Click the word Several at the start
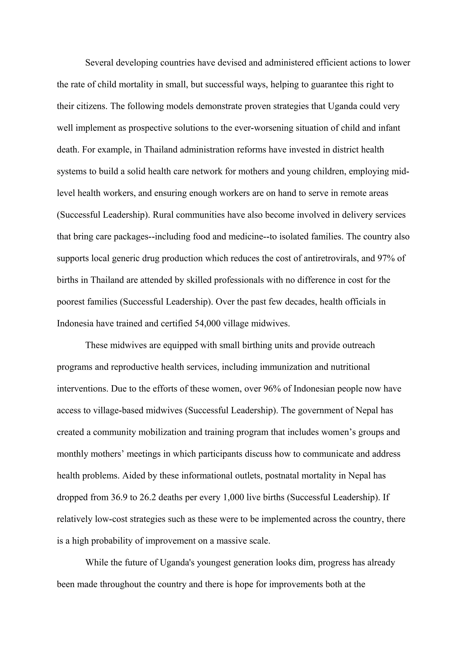point(99,63)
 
